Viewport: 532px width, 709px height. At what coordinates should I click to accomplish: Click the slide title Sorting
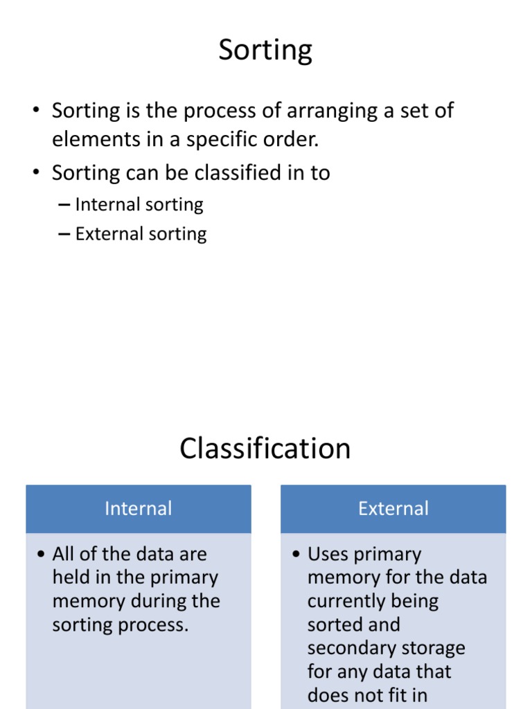pos(265,51)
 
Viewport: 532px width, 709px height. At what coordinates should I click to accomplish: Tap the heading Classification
pos(265,449)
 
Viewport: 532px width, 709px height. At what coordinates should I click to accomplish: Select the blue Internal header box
pos(139,509)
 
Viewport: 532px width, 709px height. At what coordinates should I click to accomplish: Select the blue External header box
pos(393,509)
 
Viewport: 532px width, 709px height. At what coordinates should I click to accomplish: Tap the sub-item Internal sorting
pos(139,205)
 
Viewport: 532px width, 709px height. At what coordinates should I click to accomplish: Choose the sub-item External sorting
pos(141,234)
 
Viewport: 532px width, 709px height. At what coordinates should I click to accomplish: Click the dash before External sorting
pos(64,234)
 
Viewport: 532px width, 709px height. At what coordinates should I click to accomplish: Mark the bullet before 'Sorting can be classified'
pos(36,172)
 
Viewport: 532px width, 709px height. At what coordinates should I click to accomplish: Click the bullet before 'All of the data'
pos(41,554)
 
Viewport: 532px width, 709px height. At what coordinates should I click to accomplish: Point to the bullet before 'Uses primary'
pos(296,554)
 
